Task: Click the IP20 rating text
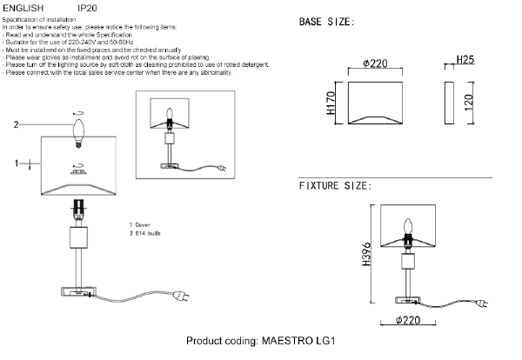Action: pyautogui.click(x=87, y=8)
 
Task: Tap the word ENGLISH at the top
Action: pyautogui.click(x=23, y=8)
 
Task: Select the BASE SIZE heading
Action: pyautogui.click(x=326, y=22)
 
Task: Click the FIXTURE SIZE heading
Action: pyautogui.click(x=335, y=186)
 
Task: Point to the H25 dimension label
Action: pyautogui.click(x=465, y=59)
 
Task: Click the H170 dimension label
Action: pyautogui.click(x=331, y=103)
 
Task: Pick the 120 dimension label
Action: pyautogui.click(x=468, y=103)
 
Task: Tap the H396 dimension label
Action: pyautogui.click(x=366, y=254)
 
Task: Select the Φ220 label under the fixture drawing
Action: pyautogui.click(x=408, y=320)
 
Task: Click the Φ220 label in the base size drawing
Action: pyautogui.click(x=375, y=63)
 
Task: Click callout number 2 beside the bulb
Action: pyautogui.click(x=16, y=124)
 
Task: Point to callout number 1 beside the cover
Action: pyautogui.click(x=17, y=163)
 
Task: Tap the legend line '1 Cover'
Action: pyautogui.click(x=140, y=225)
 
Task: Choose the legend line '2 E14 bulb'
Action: pyautogui.click(x=144, y=233)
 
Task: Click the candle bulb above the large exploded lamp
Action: pyautogui.click(x=78, y=133)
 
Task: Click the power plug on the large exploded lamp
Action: pyautogui.click(x=182, y=296)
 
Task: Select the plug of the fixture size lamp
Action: pyautogui.click(x=482, y=303)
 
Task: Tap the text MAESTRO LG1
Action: pyautogui.click(x=298, y=341)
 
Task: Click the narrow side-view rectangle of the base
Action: pyautogui.click(x=449, y=103)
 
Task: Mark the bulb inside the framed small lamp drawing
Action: pyautogui.click(x=170, y=115)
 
